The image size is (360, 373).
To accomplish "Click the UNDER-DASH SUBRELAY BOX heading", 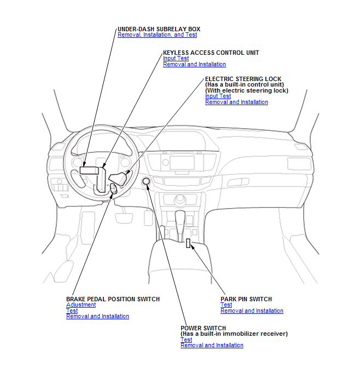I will point(159,29).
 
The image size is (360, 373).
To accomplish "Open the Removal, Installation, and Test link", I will point(157,35).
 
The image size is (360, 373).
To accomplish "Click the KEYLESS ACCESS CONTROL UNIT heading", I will point(211,53).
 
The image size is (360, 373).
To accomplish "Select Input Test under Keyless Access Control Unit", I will point(176,59).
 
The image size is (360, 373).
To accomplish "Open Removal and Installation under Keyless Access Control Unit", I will point(194,65).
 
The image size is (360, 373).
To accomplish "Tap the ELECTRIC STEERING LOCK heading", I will point(243,79).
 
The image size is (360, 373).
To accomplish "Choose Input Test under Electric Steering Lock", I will point(218,96).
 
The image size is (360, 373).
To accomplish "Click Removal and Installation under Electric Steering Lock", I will point(236,102).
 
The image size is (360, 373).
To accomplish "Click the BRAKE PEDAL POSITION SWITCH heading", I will point(113,299).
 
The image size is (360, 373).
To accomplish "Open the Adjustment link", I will point(81,305).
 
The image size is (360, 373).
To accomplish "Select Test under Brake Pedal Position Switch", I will point(72,311).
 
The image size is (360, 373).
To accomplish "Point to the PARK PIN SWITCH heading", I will point(246,299).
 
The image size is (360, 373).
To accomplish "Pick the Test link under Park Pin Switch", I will point(226,305).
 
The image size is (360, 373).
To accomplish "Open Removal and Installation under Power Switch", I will point(212,346).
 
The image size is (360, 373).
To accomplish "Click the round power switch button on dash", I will point(147,182).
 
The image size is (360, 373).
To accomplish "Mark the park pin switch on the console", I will point(188,243).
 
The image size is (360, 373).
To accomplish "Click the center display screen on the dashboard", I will point(182,163).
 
